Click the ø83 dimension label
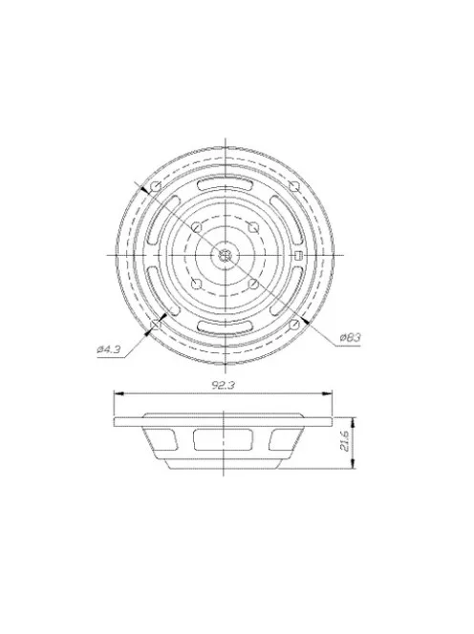click(351, 338)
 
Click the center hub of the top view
click(224, 254)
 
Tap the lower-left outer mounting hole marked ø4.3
click(153, 326)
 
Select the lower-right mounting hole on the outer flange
click(294, 325)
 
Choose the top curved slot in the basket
click(224, 184)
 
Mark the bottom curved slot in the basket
click(224, 326)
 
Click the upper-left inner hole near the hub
click(195, 226)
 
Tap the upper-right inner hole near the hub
click(252, 226)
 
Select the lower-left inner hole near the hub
click(195, 283)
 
